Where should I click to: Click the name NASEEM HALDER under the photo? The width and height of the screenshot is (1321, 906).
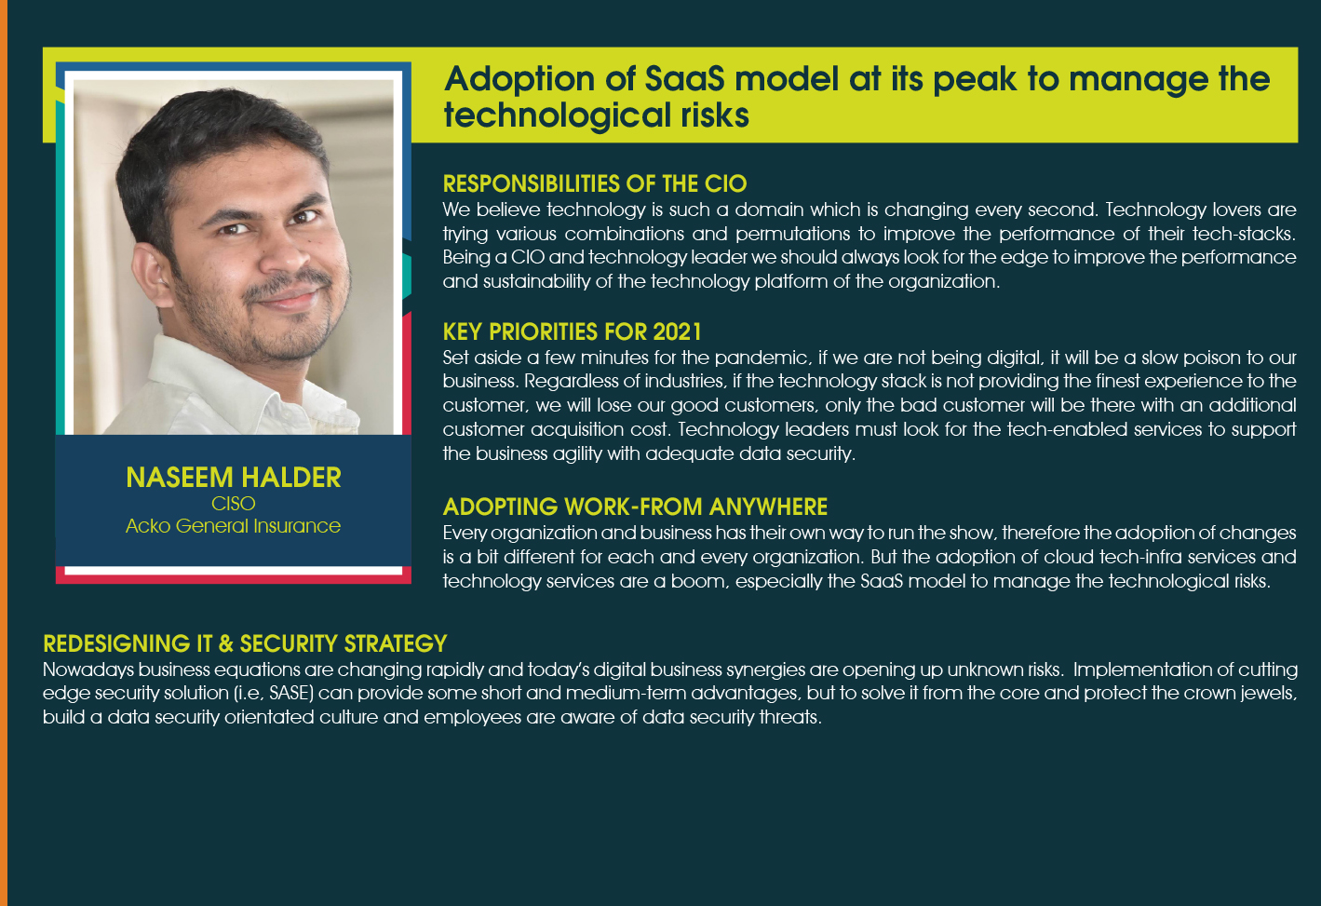tap(234, 477)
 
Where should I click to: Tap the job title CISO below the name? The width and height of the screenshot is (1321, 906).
tap(234, 503)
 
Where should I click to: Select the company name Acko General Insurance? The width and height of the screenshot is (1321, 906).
tap(234, 525)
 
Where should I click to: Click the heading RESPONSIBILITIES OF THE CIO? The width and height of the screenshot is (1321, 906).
tap(595, 184)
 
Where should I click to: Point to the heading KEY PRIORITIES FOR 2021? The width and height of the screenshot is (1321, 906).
tap(572, 332)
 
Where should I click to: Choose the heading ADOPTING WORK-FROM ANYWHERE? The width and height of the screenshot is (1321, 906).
tap(635, 507)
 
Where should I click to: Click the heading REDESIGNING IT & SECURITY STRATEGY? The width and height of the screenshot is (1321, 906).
tap(245, 643)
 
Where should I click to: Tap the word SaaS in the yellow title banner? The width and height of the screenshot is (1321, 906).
tap(684, 79)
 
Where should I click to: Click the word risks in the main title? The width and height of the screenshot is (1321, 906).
tap(715, 115)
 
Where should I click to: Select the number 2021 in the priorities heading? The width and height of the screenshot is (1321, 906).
tap(677, 332)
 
